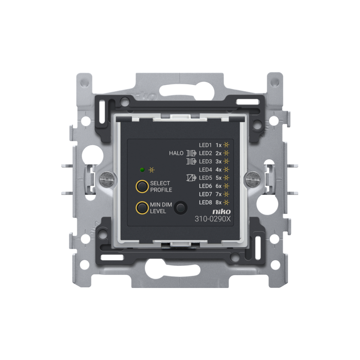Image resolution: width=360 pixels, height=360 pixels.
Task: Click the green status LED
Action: click(142, 170)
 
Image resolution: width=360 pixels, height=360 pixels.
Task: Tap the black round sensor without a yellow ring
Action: click(181, 208)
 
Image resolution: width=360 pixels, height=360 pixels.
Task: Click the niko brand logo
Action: click(221, 211)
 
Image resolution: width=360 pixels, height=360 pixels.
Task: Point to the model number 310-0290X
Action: click(212, 219)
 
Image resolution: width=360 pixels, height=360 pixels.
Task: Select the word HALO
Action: click(176, 153)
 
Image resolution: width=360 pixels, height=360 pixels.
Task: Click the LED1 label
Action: click(205, 145)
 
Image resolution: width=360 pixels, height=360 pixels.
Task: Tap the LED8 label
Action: click(206, 202)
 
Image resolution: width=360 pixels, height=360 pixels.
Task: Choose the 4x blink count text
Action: click(219, 170)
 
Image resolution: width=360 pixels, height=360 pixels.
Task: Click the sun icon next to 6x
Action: click(226, 186)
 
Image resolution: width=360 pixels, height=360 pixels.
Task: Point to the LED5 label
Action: click(206, 178)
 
